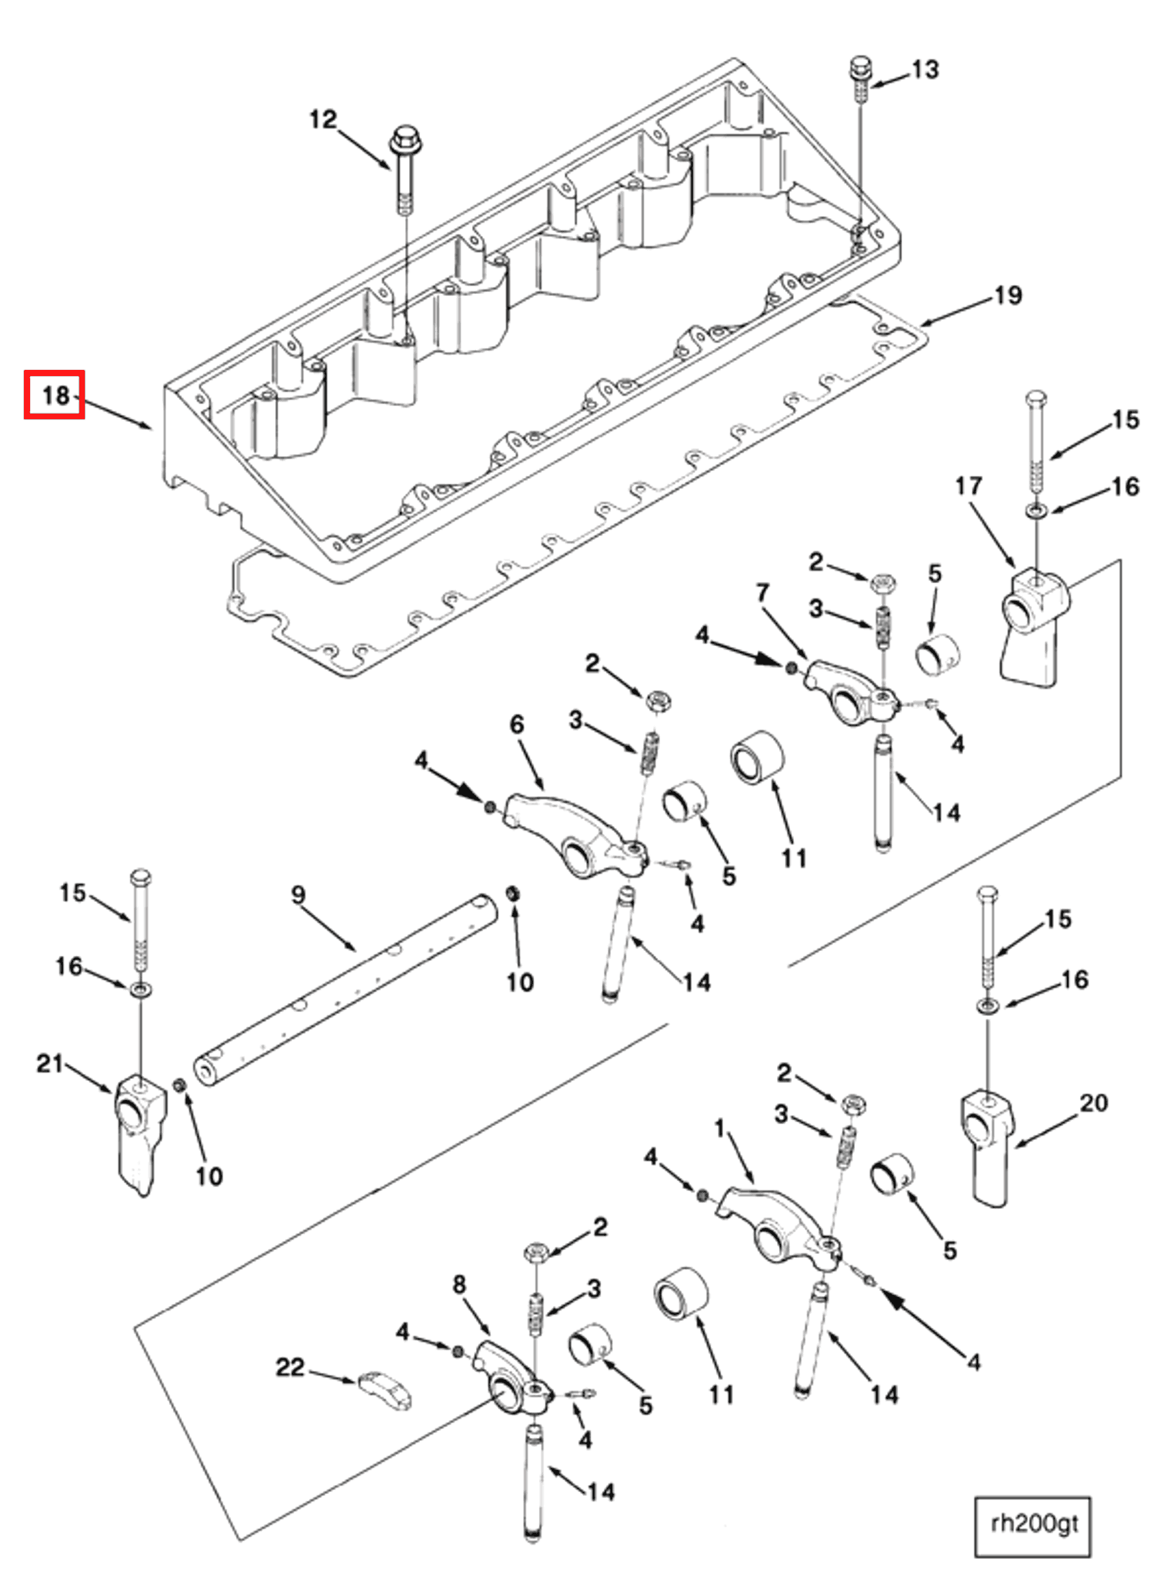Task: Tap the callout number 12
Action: pos(323,120)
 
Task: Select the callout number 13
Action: pos(925,70)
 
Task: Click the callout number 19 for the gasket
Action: pos(1009,295)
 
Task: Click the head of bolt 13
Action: pos(860,67)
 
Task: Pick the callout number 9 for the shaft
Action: pos(298,894)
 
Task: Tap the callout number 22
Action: pos(290,1368)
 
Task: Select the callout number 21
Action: pos(49,1063)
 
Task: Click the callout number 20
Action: pos(1094,1103)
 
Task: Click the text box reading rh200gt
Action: pos(1033,1524)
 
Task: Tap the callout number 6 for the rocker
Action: pos(516,724)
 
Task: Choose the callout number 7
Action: pos(763,592)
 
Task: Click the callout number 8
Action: pos(459,1284)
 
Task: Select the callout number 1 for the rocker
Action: pos(719,1128)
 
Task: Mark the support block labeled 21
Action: pos(139,1130)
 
